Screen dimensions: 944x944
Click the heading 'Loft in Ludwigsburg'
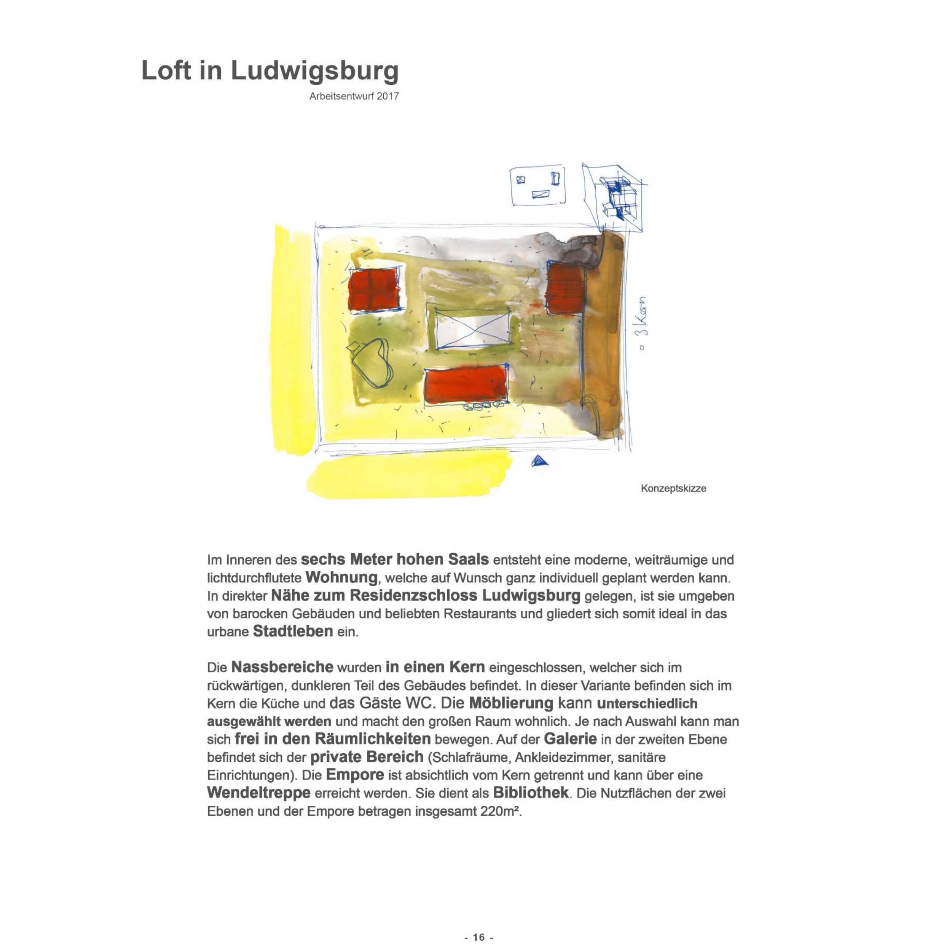pos(270,71)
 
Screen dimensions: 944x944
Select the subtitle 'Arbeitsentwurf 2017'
pos(354,96)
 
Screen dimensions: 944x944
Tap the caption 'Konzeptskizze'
pos(673,488)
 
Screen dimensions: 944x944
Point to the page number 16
pos(479,937)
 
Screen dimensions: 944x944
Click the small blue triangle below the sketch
pos(539,461)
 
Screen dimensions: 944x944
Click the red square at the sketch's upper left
pos(374,289)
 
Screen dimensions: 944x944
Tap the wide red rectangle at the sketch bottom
pos(466,385)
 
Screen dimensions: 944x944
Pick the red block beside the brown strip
pos(565,289)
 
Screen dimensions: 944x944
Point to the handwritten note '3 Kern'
pos(643,322)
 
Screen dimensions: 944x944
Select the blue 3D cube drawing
pos(617,198)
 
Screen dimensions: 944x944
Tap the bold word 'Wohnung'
pos(341,577)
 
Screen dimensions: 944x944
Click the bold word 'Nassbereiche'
pos(282,667)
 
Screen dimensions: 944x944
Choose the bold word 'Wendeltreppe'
pos(258,792)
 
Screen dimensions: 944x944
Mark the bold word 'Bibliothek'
pos(531,792)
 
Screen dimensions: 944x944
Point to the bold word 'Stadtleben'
pos(293,631)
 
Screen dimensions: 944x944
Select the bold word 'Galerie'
pos(570,738)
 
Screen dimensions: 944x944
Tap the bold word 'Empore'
pos(355,775)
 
